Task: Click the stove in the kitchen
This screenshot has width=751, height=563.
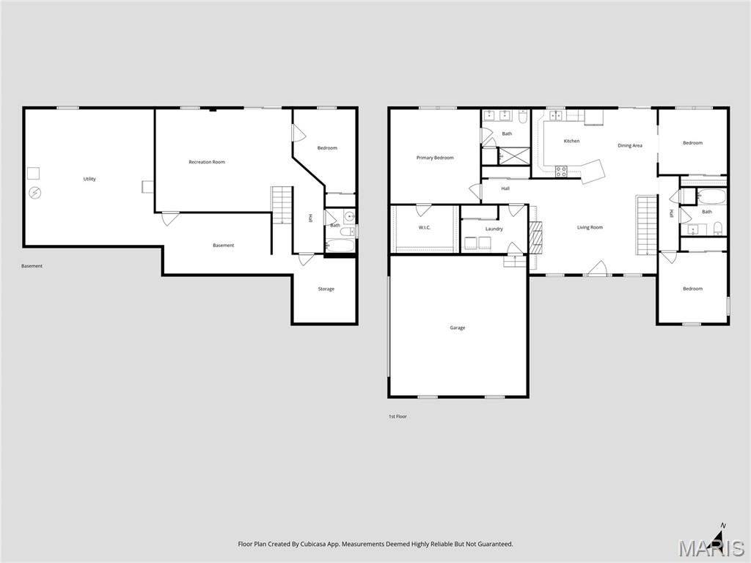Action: [x=561, y=172]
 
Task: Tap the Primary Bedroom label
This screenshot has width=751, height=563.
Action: [x=435, y=158]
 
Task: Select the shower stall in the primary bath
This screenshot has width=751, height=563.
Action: [x=514, y=155]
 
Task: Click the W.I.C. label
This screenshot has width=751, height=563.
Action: [x=425, y=227]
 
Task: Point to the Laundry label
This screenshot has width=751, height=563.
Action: [x=494, y=229]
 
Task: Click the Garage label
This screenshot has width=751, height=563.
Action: [x=458, y=328]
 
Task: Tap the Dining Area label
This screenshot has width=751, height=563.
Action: [x=629, y=146]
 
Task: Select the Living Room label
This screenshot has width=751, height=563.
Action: [x=590, y=227]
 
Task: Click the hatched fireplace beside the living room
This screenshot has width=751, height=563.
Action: [x=535, y=235]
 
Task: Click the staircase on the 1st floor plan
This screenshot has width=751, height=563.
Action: [x=646, y=224]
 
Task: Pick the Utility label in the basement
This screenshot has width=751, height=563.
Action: [x=89, y=179]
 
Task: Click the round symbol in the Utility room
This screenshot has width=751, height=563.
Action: [x=34, y=193]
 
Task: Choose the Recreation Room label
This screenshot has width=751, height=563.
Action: [x=207, y=162]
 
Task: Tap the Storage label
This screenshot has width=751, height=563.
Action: [x=326, y=289]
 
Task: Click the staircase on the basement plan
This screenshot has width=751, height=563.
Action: [x=282, y=205]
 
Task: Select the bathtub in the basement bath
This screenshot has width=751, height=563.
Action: [x=339, y=243]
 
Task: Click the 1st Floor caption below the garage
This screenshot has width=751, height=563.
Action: [x=398, y=416]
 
